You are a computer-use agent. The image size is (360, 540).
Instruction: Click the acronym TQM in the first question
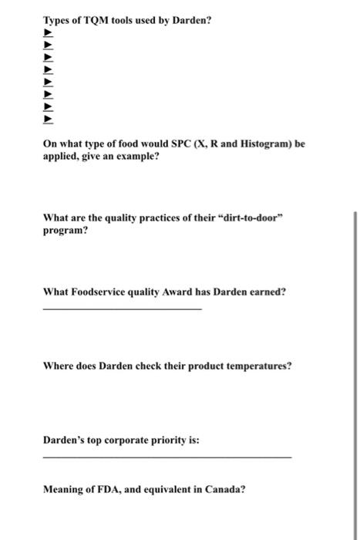(91, 19)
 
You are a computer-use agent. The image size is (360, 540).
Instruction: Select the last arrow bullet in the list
(48, 120)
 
